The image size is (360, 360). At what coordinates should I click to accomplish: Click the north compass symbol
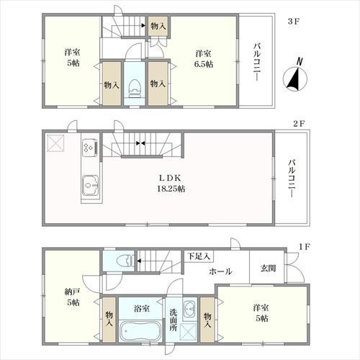295,76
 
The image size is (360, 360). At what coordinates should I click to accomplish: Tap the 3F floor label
294,22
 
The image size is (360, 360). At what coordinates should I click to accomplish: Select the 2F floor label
299,124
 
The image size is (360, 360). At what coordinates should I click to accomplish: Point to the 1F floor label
305,247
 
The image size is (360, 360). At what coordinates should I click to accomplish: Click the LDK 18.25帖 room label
171,184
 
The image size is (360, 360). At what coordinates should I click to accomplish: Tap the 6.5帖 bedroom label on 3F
204,59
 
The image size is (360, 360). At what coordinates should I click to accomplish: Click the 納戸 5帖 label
73,297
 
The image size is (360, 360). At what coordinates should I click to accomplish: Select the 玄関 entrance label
268,268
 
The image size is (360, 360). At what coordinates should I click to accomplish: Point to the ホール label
220,271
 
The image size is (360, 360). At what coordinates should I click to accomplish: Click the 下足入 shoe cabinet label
199,256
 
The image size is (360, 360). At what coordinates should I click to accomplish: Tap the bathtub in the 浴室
140,331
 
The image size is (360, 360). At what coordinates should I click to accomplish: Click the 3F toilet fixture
135,88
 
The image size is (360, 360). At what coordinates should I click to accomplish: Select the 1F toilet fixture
125,261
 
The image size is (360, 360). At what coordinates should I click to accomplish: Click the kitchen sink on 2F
91,185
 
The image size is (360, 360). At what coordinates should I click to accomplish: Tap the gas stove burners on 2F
90,146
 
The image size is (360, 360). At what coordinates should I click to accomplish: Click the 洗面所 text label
174,320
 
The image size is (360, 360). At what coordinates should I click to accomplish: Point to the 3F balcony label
256,62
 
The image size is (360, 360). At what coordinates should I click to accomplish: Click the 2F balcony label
292,179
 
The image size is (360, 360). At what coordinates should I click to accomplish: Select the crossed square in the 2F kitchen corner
55,143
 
